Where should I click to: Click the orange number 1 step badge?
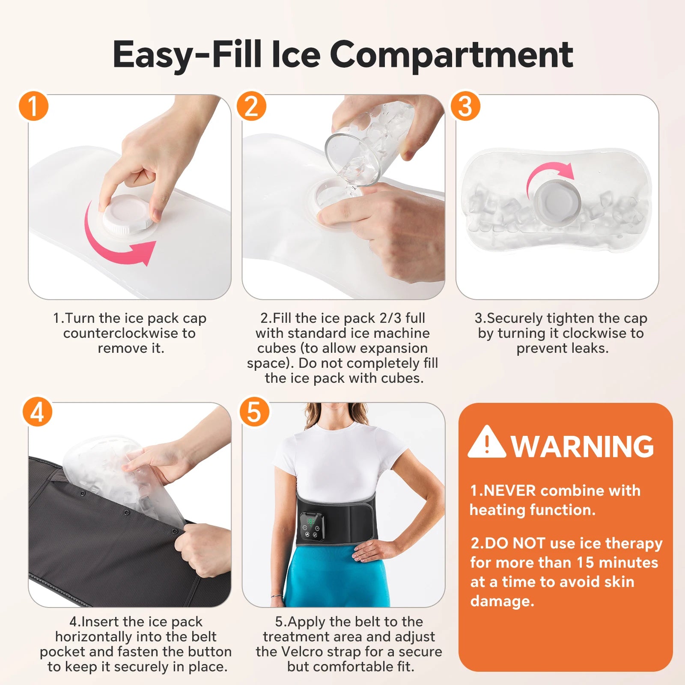[x=33, y=105]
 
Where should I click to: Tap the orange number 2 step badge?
[x=251, y=105]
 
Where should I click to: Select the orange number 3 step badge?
[x=465, y=105]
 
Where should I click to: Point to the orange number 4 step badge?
[x=37, y=411]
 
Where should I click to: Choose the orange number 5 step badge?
[x=254, y=411]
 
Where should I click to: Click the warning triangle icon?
[x=486, y=442]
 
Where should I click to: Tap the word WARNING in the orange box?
[x=582, y=447]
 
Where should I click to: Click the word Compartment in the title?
[x=451, y=54]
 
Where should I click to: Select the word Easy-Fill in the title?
[x=187, y=54]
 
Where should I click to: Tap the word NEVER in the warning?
[x=509, y=491]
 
